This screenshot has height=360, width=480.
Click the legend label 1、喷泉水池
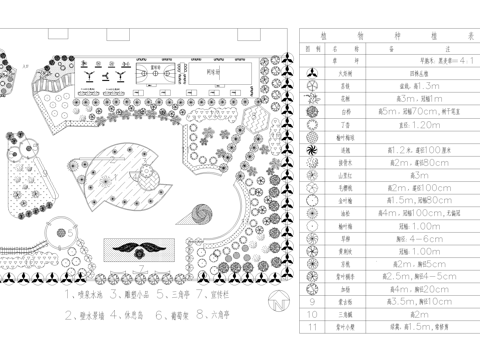tap(78, 296)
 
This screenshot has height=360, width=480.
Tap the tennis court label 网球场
tap(212, 72)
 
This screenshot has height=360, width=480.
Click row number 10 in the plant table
tap(312, 313)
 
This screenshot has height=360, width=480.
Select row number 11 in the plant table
tap(312, 326)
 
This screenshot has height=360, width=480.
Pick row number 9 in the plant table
tap(312, 300)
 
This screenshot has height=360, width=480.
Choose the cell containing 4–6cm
tap(397, 238)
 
